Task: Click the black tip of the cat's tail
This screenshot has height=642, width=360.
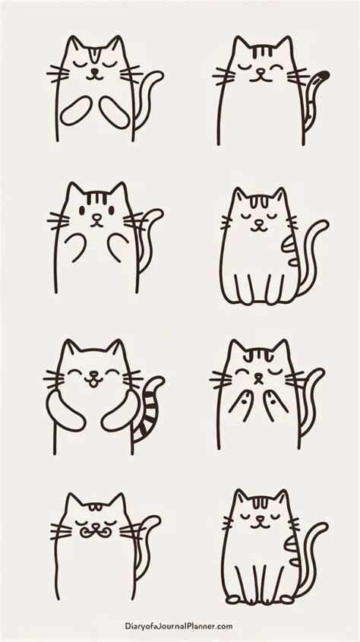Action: [x=324, y=75]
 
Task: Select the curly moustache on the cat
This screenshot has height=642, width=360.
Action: [x=96, y=531]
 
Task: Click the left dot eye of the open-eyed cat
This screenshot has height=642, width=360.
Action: [x=82, y=210]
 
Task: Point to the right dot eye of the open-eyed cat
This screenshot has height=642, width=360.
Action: [x=112, y=210]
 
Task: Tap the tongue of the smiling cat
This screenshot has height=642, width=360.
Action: [x=94, y=383]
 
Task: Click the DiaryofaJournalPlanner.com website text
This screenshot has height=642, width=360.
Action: [x=178, y=626]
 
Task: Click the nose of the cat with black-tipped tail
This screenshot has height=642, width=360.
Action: [x=260, y=71]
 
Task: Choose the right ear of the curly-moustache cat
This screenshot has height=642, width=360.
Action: [x=118, y=502]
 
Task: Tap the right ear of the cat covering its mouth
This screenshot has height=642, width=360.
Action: [x=282, y=348]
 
